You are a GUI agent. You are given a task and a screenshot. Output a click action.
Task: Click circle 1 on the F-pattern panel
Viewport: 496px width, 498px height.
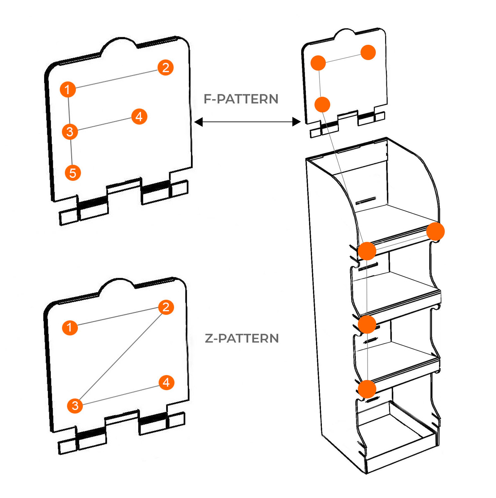[x=68, y=90]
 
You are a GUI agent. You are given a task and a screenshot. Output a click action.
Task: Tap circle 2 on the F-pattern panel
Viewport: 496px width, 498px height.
[x=165, y=68]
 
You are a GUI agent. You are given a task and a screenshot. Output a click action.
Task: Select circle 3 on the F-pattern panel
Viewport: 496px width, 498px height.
[x=70, y=132]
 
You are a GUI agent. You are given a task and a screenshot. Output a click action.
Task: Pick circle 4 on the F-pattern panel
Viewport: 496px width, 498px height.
[x=139, y=117]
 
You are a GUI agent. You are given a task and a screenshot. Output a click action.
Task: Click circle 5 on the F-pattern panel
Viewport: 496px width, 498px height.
[x=73, y=173]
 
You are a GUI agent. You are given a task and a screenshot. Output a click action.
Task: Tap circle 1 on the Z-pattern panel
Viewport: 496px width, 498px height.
[x=70, y=328]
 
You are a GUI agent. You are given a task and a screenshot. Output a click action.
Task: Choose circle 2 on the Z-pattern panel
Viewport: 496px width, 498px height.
[x=166, y=307]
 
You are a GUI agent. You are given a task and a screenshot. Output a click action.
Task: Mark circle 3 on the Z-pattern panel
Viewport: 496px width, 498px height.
[x=75, y=406]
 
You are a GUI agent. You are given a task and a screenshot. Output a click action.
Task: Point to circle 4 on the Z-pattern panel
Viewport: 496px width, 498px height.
[x=166, y=382]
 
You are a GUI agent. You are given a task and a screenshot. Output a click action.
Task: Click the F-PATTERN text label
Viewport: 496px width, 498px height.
[x=241, y=99]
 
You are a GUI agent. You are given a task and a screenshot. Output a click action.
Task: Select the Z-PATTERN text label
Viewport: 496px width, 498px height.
[x=242, y=338]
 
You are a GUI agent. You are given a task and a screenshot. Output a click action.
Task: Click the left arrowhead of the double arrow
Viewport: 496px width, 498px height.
[x=198, y=122]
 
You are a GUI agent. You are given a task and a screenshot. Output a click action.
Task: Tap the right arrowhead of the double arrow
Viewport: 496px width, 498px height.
[x=296, y=122]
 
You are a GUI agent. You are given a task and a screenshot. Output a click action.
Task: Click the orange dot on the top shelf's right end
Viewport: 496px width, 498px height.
[x=435, y=231]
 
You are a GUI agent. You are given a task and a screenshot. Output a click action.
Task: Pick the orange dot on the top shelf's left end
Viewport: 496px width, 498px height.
[x=367, y=251]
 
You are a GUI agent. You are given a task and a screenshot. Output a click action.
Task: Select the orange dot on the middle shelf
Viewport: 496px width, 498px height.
[x=367, y=324]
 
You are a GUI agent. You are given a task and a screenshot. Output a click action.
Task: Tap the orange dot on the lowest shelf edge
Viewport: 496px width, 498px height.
[x=367, y=389]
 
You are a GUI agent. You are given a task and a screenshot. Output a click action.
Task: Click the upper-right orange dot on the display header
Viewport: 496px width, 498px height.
[x=368, y=52]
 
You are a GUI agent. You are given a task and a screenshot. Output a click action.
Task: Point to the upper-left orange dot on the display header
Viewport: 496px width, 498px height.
[x=318, y=63]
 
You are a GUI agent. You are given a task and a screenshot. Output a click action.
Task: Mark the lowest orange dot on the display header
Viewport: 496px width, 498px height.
[x=322, y=105]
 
